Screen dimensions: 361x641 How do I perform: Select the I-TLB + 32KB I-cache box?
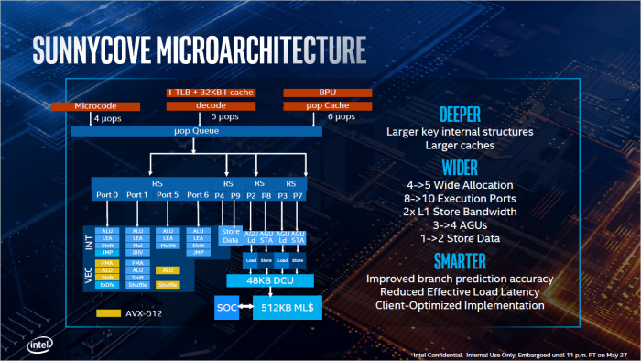pos(210,93)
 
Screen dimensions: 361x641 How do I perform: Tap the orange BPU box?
pos(327,93)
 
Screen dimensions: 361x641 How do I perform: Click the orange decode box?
pos(210,106)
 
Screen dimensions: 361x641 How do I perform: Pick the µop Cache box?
pos(327,106)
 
